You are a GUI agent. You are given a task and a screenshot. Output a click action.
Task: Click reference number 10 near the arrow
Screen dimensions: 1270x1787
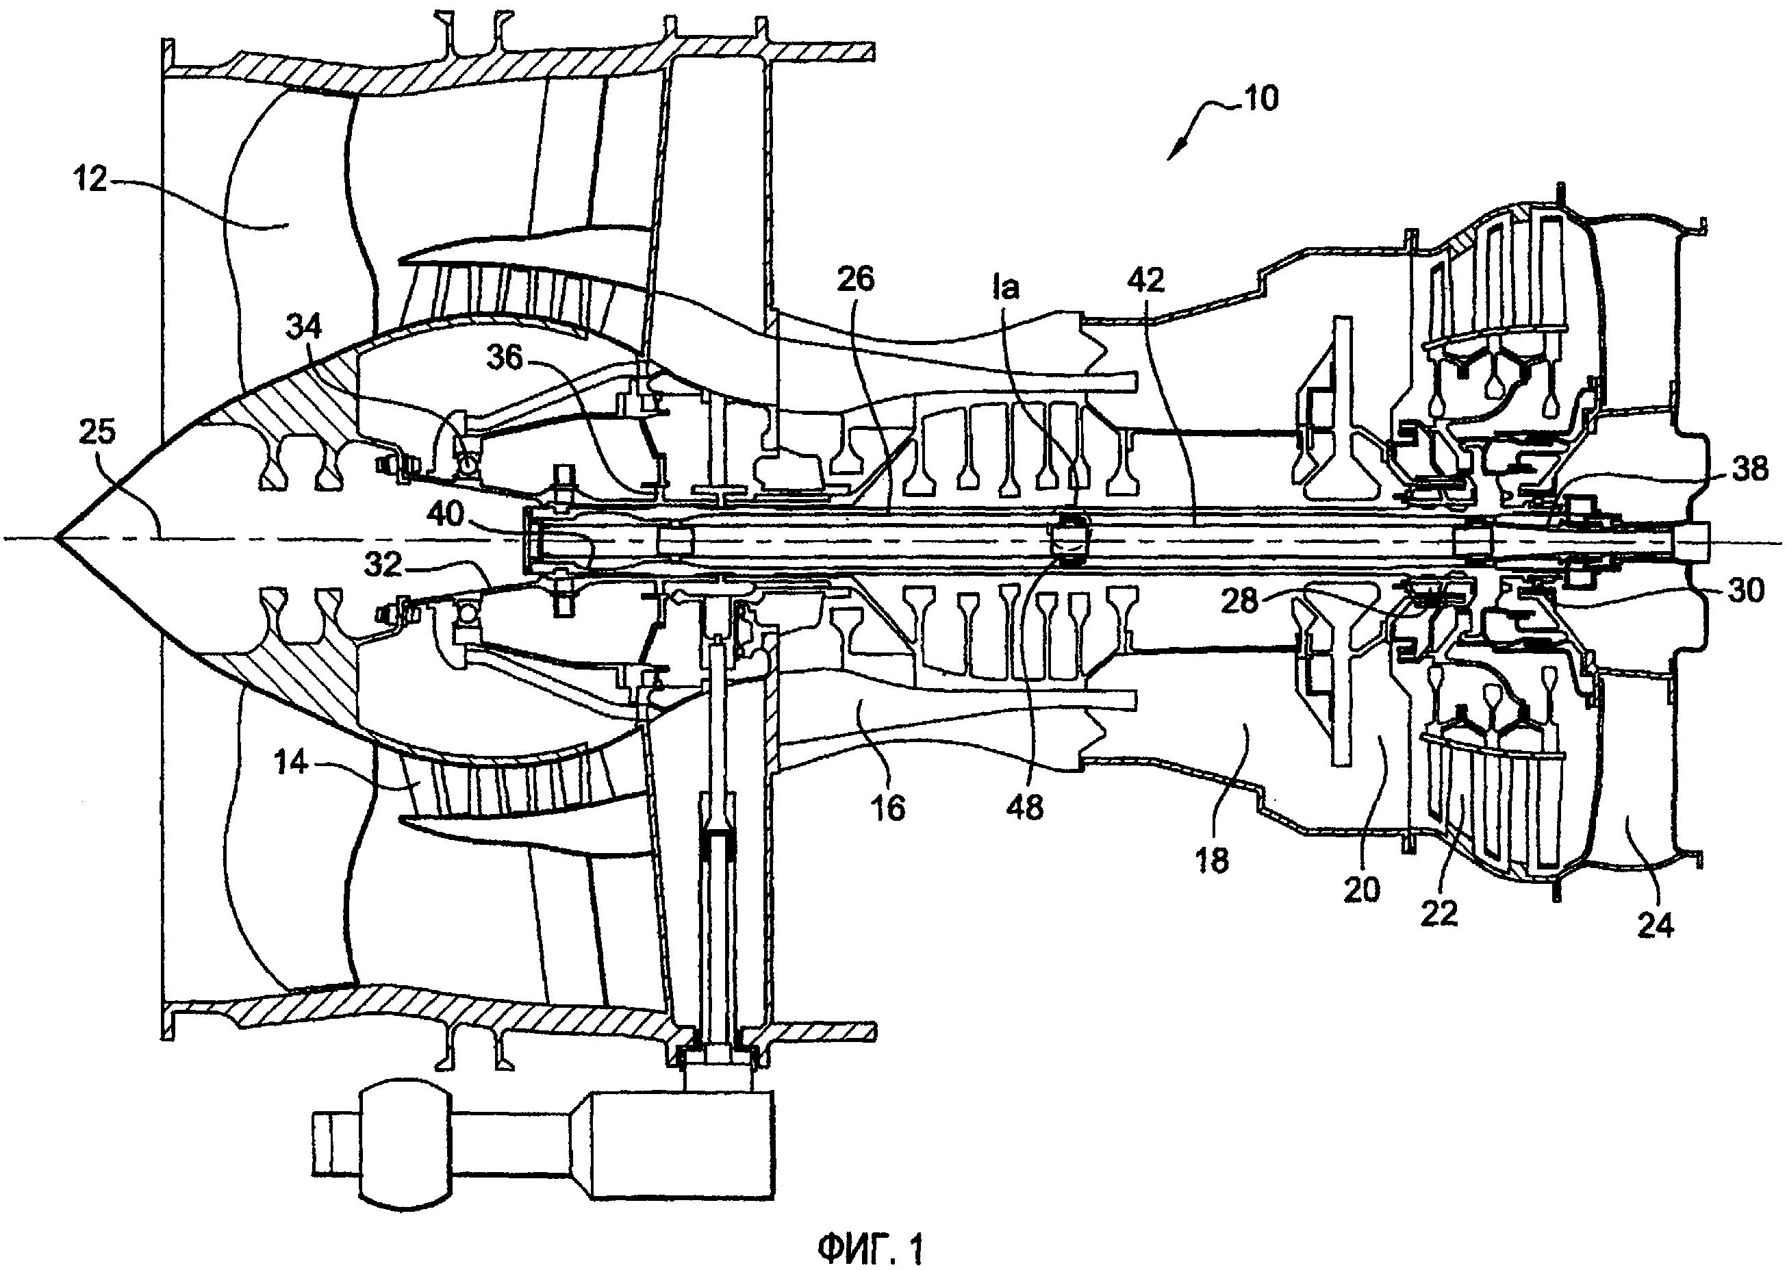point(1260,99)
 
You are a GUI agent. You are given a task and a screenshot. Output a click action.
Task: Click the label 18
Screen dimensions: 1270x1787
point(1211,860)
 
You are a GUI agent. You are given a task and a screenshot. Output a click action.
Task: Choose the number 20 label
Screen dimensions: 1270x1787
point(1362,889)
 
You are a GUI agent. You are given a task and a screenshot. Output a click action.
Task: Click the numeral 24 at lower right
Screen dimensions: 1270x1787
point(1655,924)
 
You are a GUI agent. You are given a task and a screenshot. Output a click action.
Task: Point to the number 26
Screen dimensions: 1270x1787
point(856,279)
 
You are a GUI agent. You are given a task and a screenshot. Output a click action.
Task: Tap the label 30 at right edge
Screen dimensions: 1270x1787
point(1745,589)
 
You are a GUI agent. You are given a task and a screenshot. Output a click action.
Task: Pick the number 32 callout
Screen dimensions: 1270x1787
point(384,565)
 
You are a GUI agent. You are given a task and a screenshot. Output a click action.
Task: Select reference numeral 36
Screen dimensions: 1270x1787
point(505,357)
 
